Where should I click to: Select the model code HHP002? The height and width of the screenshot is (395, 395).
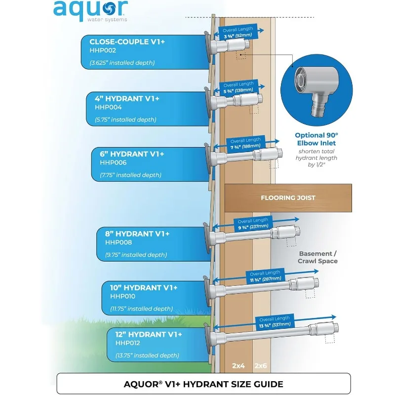[x=102, y=51]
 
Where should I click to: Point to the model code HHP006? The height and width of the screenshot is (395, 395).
[x=113, y=162]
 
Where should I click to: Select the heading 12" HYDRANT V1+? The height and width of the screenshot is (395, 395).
[x=149, y=334]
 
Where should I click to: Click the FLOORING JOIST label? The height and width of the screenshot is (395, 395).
[x=288, y=198]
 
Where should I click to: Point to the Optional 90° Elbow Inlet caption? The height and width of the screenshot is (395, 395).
[x=316, y=138]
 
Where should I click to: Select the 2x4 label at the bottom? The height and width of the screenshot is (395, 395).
[x=239, y=366]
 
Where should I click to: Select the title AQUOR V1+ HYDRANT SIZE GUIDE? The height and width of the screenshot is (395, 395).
[x=203, y=383]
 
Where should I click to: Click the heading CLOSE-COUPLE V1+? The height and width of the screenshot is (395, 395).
[x=127, y=42]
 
